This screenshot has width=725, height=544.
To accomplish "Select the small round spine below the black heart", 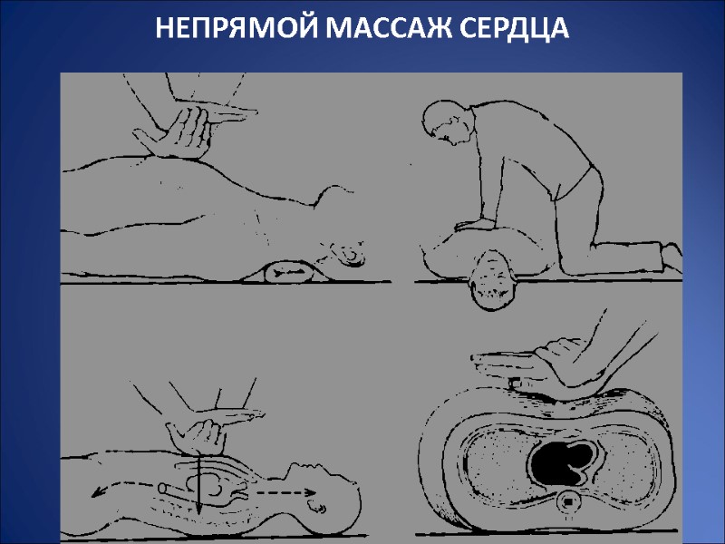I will [567, 500].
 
